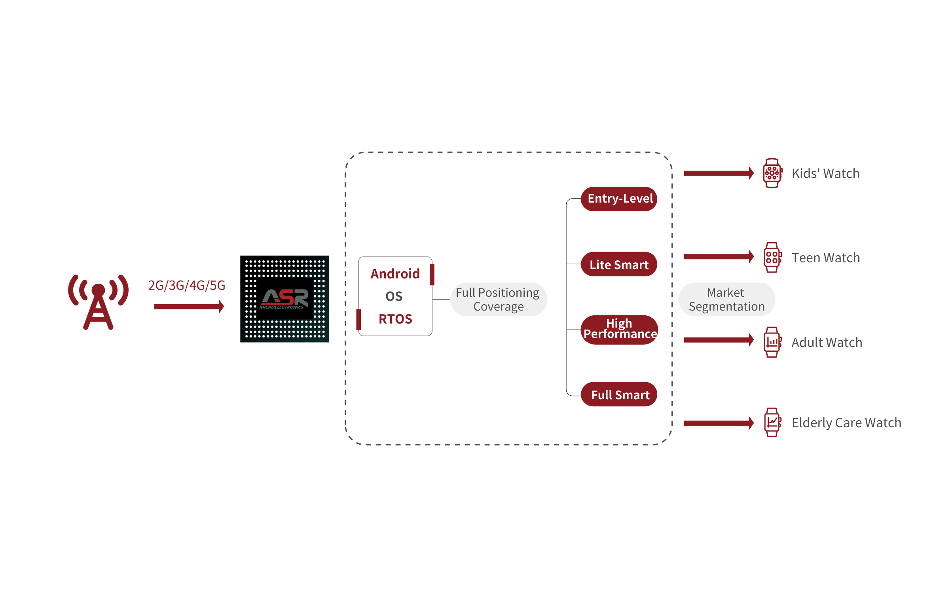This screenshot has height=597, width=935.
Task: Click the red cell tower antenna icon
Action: click(x=98, y=301)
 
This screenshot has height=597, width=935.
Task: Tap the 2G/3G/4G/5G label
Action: click(x=186, y=285)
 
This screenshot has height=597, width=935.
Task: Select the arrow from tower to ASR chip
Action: click(x=189, y=306)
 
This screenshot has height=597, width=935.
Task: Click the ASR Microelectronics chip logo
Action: click(x=284, y=299)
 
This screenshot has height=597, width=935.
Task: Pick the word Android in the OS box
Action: click(x=395, y=274)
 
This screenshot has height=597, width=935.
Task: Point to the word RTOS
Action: click(x=395, y=319)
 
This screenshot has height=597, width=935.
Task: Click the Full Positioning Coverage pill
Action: click(x=498, y=299)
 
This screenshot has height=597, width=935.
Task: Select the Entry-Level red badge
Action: click(x=619, y=199)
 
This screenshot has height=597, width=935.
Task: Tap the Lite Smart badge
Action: click(x=619, y=264)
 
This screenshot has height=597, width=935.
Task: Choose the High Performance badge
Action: click(x=620, y=329)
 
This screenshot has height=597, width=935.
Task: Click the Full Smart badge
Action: click(x=619, y=394)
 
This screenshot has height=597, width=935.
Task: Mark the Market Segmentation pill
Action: click(x=726, y=299)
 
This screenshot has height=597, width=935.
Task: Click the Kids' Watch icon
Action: click(x=772, y=173)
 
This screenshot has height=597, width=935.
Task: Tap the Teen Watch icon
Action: click(x=772, y=258)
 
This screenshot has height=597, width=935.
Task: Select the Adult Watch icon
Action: click(x=772, y=342)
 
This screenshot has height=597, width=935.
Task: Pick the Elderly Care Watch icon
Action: click(x=772, y=423)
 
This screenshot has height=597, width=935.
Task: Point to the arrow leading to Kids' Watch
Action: click(x=719, y=173)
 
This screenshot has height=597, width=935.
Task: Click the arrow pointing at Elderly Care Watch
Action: click(x=719, y=423)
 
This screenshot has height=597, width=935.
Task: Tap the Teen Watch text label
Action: click(x=825, y=258)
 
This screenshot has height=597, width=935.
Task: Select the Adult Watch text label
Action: click(x=827, y=342)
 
